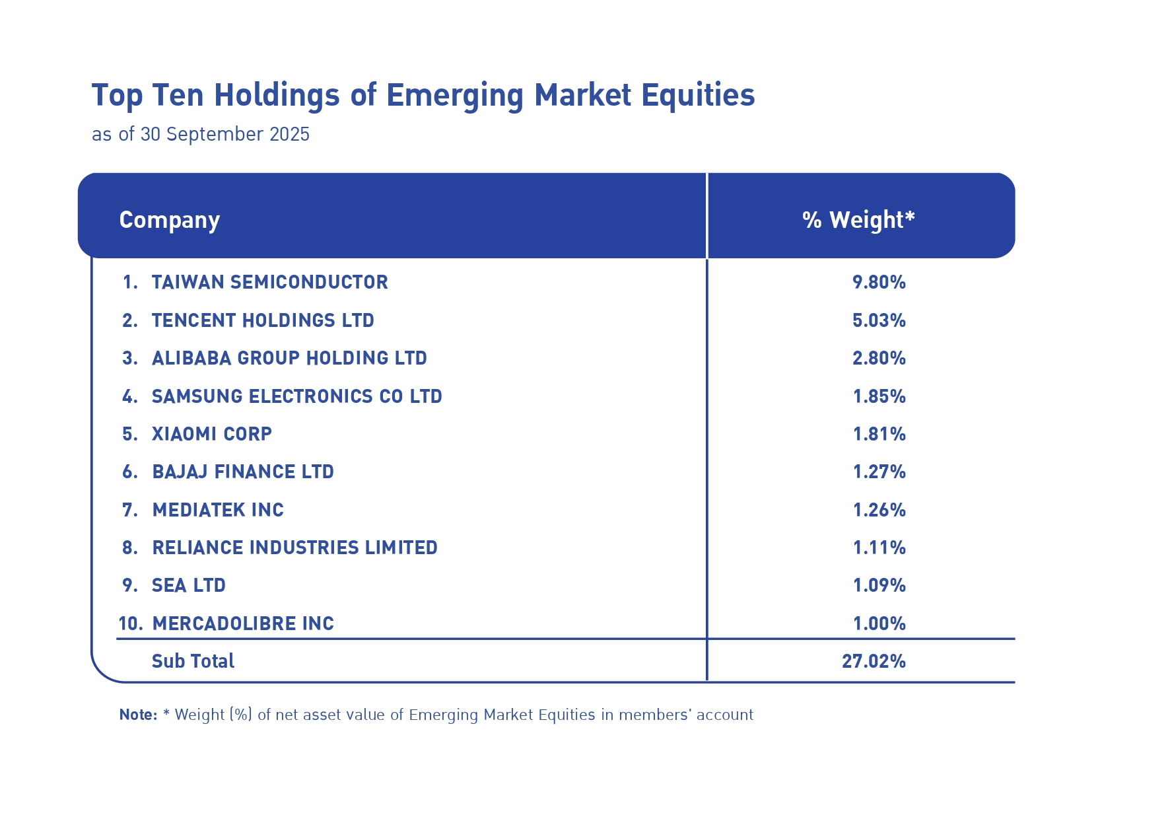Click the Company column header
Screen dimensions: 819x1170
point(169,220)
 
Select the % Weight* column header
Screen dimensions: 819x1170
point(858,220)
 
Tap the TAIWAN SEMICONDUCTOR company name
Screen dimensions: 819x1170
point(269,283)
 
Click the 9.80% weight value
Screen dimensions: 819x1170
point(879,283)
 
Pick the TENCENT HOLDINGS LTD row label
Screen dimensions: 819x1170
point(263,321)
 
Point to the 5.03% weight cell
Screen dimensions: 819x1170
point(879,321)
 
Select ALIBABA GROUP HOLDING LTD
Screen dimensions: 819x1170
point(289,359)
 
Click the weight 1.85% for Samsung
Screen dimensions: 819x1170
point(879,396)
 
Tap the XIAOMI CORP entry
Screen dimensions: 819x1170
point(211,435)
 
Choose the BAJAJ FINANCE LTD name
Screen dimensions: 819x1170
point(243,472)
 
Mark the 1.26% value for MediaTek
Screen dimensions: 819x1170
point(879,510)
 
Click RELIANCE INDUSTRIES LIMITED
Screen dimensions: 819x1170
point(294,548)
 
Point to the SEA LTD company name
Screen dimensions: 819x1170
point(189,586)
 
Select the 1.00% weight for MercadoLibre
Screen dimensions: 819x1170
point(879,623)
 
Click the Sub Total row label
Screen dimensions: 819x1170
point(193,661)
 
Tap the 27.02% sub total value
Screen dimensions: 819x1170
point(874,661)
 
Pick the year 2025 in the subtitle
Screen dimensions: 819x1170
point(289,134)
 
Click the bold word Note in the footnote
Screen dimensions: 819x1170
point(137,715)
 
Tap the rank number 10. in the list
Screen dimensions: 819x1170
point(131,623)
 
